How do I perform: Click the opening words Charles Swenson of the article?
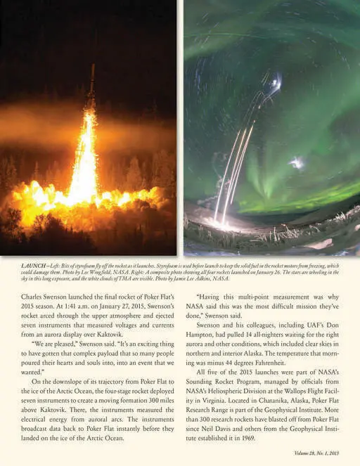pyautogui.click(x=44, y=295)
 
